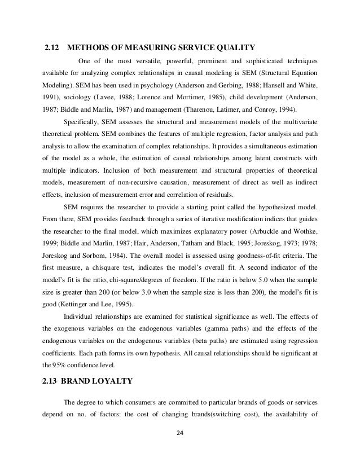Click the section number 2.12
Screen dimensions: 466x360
pyautogui.click(x=52, y=46)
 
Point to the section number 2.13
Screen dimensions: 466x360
pyautogui.click(x=52, y=380)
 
